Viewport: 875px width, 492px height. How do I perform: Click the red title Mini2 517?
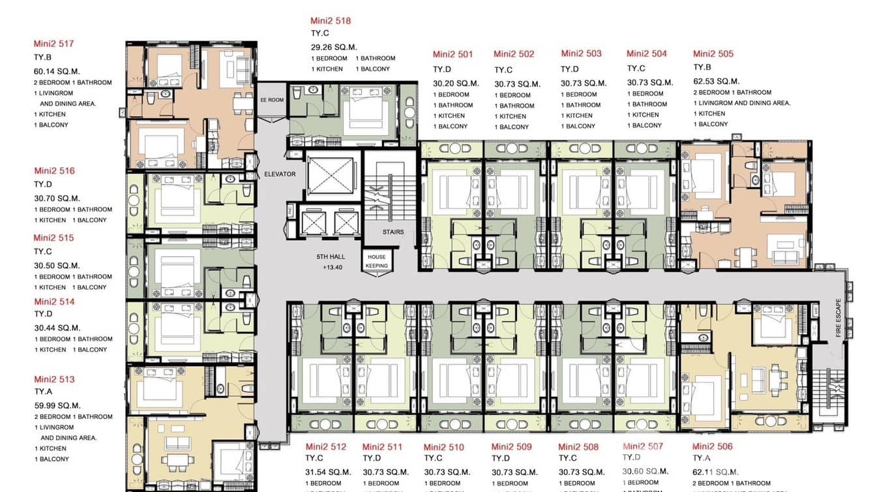(53, 44)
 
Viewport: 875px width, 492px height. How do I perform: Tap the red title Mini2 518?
(331, 21)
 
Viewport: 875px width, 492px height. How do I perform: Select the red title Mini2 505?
(713, 54)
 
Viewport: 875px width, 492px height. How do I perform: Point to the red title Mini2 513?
(54, 380)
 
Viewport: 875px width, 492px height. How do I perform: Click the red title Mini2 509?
(511, 447)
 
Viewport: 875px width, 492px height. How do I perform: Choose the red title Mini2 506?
(712, 447)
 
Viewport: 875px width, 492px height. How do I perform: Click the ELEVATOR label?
(280, 174)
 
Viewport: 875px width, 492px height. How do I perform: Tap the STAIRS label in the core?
(393, 232)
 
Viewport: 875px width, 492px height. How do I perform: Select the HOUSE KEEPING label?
(377, 261)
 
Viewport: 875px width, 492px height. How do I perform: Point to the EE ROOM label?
(272, 100)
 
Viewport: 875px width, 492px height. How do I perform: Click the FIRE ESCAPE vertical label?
(838, 318)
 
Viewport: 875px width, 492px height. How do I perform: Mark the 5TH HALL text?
(331, 257)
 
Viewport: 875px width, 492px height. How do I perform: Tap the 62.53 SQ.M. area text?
(716, 82)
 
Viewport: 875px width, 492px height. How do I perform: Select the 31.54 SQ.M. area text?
(329, 472)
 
